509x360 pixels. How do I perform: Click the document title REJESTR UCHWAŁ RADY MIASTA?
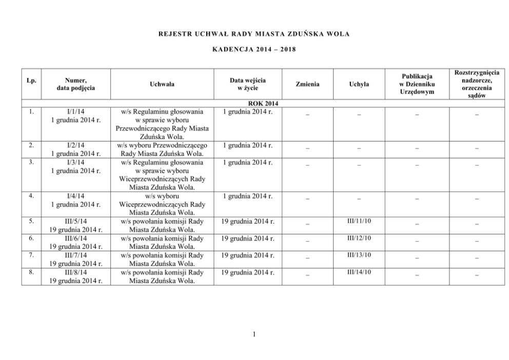tap(254, 34)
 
